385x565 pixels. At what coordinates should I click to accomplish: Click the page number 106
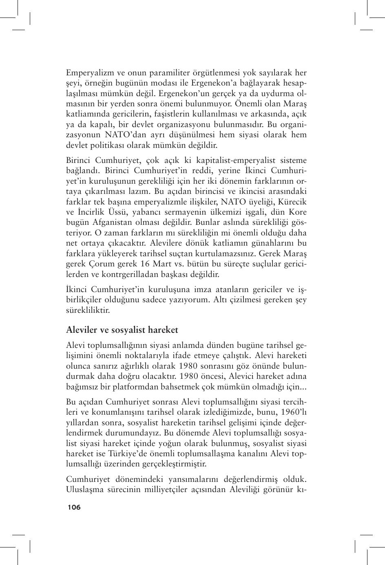coord(74,507)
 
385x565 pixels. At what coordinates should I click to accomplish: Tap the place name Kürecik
coord(292,202)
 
